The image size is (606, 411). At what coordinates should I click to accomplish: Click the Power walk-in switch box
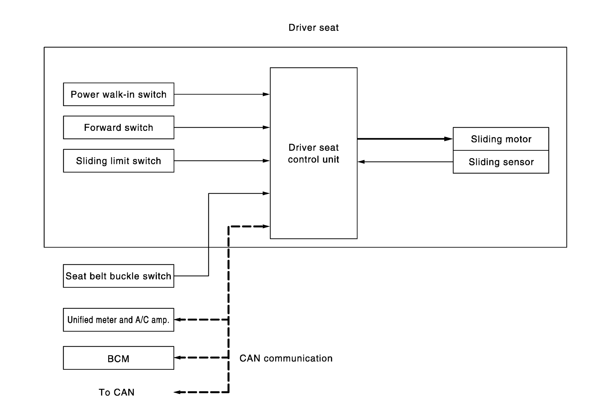point(118,94)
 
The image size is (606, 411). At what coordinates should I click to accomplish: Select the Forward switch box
point(118,127)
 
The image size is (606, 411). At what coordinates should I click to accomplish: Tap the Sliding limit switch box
point(118,161)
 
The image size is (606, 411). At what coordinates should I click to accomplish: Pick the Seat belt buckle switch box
point(118,276)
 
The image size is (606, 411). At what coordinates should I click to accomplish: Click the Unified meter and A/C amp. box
point(118,320)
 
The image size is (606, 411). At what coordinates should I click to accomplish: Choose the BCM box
point(118,358)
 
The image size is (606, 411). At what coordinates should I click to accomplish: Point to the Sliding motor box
point(501,139)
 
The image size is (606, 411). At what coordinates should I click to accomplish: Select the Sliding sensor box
point(501,162)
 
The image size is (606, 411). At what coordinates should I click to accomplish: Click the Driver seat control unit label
point(314,153)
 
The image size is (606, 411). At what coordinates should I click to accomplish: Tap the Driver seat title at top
point(314,28)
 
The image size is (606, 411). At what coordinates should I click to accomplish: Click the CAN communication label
point(286,358)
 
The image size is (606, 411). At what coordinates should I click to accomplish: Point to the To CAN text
point(116,392)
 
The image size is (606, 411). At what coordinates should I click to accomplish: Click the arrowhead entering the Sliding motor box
point(449,139)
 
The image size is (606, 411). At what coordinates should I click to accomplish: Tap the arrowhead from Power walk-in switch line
point(266,94)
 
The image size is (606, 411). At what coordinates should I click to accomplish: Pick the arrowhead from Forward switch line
point(266,127)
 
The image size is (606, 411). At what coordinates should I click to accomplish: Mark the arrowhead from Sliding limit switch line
point(266,161)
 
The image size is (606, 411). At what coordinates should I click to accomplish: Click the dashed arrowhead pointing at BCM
point(178,358)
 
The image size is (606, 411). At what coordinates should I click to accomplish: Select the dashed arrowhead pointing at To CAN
point(178,392)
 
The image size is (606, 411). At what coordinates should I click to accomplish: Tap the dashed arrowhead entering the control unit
point(266,226)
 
